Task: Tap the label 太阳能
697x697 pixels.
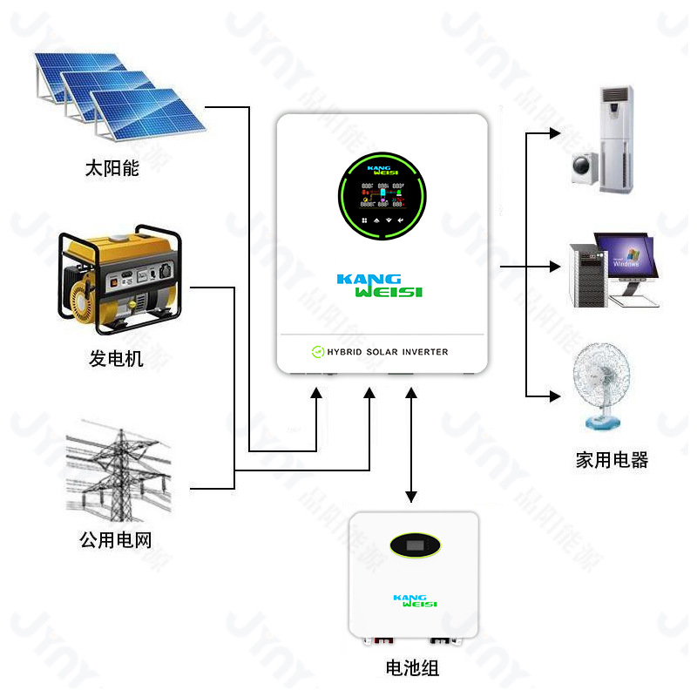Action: [112, 168]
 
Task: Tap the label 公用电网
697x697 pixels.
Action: [115, 540]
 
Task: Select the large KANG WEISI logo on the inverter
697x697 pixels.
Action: [380, 286]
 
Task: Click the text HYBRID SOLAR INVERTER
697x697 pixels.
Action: [388, 352]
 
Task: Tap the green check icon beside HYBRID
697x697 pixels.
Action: [317, 352]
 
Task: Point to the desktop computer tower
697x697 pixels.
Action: [586, 274]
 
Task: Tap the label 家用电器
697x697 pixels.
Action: [612, 460]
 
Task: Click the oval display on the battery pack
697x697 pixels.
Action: [415, 545]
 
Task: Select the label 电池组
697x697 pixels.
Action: [412, 668]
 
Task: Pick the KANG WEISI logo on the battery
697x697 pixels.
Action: [415, 600]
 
